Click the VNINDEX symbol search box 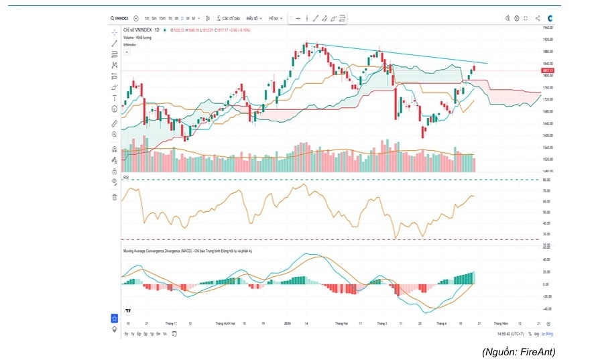point(120,18)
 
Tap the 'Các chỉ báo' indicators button point(231,18)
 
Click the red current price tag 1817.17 point(546,70)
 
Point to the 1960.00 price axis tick point(546,28)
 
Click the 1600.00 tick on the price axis point(546,135)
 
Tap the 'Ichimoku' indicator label point(130,44)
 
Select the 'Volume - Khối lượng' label point(137,38)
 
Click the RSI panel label point(125,177)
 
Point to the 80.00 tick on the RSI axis point(546,180)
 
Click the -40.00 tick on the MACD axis point(546,309)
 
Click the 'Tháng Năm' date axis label point(501,322)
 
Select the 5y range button point(126,333)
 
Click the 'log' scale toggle point(537,333)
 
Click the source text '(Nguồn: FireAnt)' point(518,351)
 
